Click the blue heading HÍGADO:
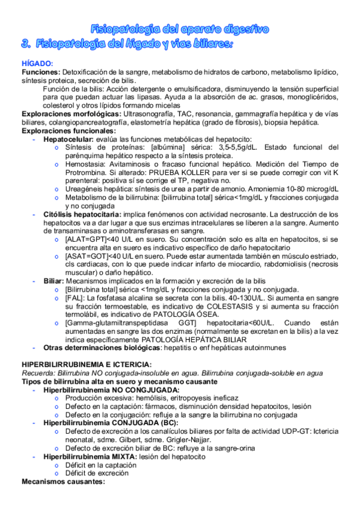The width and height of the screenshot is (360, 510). coord(37,64)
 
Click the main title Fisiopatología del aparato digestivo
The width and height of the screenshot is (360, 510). coord(179,29)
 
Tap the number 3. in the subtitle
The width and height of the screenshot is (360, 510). coord(25,44)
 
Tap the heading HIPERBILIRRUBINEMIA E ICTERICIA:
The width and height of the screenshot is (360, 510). coord(87,364)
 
